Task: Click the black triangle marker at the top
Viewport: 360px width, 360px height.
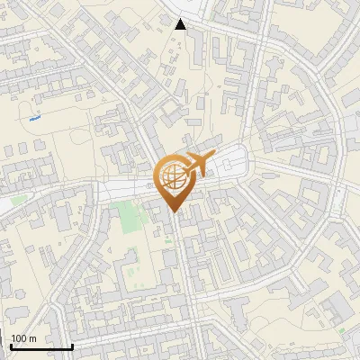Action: pyautogui.click(x=181, y=24)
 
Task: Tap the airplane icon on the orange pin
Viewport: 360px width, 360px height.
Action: pyautogui.click(x=193, y=165)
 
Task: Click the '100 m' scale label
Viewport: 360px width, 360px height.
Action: pyautogui.click(x=24, y=338)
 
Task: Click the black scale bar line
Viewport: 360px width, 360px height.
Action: pyautogui.click(x=41, y=346)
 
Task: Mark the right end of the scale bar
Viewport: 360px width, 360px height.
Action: pyautogui.click(x=72, y=346)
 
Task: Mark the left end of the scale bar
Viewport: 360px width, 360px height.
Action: pyautogui.click(x=11, y=346)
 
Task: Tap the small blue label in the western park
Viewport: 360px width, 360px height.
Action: pyautogui.click(x=35, y=117)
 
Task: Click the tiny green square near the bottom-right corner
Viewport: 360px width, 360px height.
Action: pyautogui.click(x=341, y=331)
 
